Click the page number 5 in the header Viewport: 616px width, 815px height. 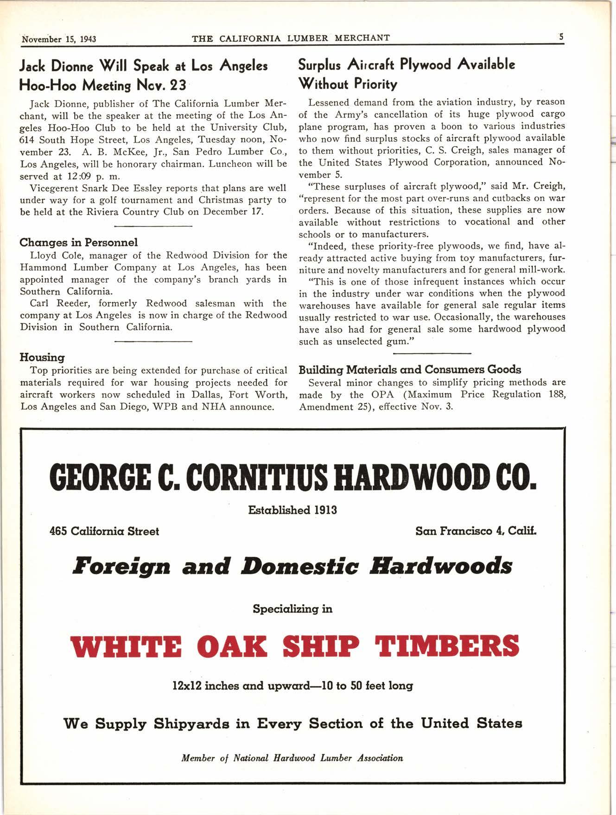point(561,37)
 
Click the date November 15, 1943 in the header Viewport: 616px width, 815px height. point(59,39)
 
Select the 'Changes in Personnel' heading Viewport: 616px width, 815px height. point(78,242)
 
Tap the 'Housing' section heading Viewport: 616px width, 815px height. point(42,357)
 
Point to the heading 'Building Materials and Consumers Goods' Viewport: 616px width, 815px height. point(410,370)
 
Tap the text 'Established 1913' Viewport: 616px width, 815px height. point(292,510)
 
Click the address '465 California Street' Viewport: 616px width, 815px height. point(104,531)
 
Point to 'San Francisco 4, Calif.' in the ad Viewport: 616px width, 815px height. point(476,531)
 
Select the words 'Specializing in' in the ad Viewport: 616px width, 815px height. point(292,609)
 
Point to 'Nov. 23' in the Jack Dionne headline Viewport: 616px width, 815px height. point(160,86)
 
